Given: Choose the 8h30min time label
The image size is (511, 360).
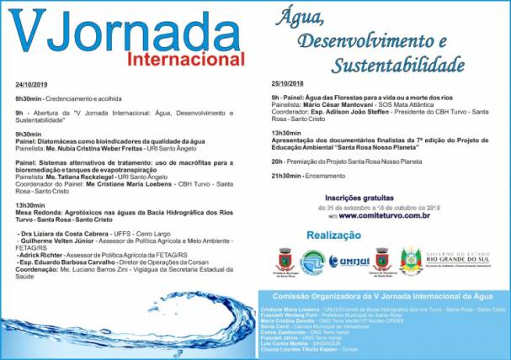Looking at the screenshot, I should click(27, 98).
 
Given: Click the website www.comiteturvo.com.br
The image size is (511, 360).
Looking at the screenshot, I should click(386, 215).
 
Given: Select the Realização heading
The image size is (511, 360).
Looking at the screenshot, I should click(335, 235).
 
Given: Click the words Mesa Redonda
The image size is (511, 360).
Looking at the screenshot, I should click(35, 212).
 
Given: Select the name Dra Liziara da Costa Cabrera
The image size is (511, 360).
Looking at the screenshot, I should click(59, 232).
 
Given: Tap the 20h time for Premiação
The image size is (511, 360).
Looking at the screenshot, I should click(277, 161).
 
